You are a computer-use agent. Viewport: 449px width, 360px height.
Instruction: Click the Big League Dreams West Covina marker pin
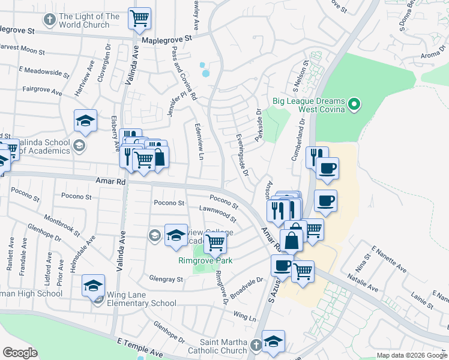pos(354,105)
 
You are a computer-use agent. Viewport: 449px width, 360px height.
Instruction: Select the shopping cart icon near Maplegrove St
pos(140,19)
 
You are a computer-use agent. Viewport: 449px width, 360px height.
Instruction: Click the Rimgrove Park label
pos(205,260)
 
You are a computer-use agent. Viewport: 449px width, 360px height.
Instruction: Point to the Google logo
pos(20,353)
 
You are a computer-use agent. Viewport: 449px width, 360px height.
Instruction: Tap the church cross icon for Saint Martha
pos(255,345)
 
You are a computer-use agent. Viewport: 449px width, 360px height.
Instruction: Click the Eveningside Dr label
pos(242,155)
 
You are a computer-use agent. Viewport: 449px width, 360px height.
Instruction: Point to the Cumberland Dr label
pos(299,137)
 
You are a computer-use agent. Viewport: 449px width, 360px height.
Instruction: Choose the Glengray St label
pos(166,279)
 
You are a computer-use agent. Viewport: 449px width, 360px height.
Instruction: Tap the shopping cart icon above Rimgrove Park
pos(215,243)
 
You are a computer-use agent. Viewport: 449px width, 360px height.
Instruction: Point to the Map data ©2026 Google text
pos(412,355)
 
